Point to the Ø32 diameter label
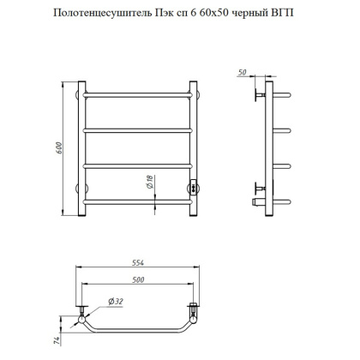(x=114, y=300)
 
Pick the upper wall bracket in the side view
(x=258, y=93)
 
